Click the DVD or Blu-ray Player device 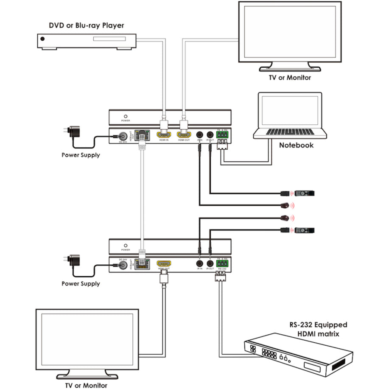coord(87,41)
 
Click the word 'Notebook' coord(296,145)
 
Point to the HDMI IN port coord(164,135)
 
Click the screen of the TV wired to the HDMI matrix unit coord(87,337)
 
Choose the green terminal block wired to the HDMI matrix coord(223,263)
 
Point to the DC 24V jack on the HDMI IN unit coord(124,137)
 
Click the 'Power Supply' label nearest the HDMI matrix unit coord(81,283)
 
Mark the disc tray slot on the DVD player coord(111,39)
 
